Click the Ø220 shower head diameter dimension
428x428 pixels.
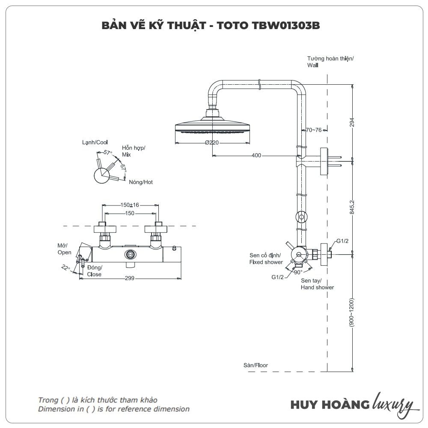[212, 143]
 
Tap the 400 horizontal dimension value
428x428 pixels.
[256, 155]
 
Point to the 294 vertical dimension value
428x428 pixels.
[352, 122]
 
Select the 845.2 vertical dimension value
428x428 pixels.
[352, 208]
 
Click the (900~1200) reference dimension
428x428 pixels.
[352, 312]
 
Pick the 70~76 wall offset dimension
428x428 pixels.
[313, 130]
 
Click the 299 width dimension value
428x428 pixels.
[130, 278]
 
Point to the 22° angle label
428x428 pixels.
[65, 267]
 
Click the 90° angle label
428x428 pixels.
[298, 271]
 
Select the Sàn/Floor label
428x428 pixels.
[256, 365]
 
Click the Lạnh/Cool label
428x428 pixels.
[95, 142]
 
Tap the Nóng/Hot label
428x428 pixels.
[141, 182]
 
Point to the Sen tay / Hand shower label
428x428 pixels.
[317, 284]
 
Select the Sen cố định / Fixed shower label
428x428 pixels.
[266, 259]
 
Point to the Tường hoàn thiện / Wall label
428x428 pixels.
[330, 62]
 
